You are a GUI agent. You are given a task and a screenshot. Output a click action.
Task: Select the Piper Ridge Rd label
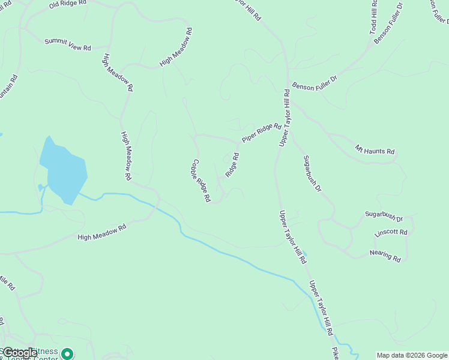[262, 133]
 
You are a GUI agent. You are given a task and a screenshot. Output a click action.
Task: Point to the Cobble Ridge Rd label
[201, 180]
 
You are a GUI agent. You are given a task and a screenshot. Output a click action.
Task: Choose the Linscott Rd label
[391, 232]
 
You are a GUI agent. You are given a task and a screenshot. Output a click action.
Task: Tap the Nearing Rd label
[385, 256]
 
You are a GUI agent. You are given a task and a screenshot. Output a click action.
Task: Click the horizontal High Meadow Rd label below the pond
[102, 232]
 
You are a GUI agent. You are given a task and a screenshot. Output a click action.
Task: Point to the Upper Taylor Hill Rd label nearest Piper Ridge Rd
[285, 118]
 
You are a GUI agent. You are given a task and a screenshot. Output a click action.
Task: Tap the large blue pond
[63, 171]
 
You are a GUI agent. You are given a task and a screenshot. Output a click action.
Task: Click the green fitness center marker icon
[68, 355]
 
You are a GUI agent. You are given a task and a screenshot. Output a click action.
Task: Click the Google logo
[20, 353]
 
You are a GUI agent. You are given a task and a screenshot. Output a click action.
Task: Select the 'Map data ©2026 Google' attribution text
[412, 355]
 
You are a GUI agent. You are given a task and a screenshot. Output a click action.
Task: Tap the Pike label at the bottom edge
[335, 353]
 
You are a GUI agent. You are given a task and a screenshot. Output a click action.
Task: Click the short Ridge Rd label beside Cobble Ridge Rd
[232, 165]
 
